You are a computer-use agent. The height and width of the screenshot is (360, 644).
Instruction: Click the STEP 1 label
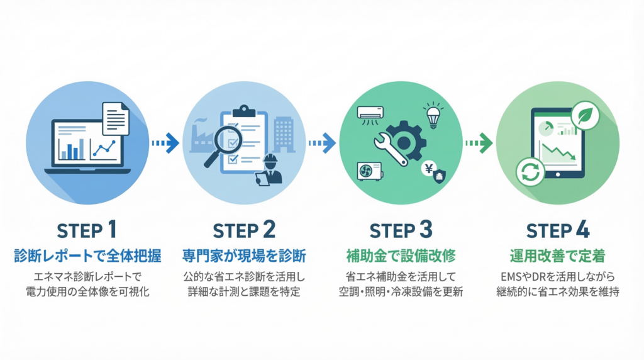pos(87,230)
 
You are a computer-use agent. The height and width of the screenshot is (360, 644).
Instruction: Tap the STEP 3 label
pos(400,230)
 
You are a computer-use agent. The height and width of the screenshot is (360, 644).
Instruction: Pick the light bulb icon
pos(434,115)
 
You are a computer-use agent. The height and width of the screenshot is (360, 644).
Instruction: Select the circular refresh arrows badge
pos(529,172)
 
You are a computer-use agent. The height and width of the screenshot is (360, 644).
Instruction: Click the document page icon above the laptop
pos(115,119)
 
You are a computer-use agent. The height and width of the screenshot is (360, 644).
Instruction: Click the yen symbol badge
pos(428,168)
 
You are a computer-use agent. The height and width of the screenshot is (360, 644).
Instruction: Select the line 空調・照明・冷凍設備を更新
pos(400,292)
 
